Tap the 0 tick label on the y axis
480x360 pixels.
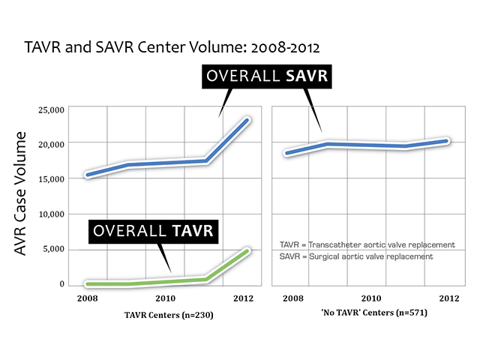[63, 284]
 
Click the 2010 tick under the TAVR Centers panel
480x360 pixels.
[166, 298]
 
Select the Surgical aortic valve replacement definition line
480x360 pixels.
[356, 256]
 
